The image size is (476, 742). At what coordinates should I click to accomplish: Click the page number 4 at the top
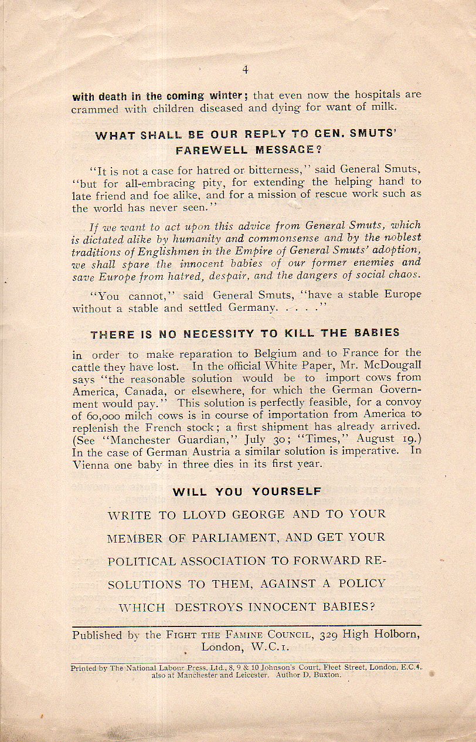tap(245, 70)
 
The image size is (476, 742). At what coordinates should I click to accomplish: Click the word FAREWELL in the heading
tap(209, 150)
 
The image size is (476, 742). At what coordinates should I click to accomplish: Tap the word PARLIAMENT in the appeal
tap(225, 537)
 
